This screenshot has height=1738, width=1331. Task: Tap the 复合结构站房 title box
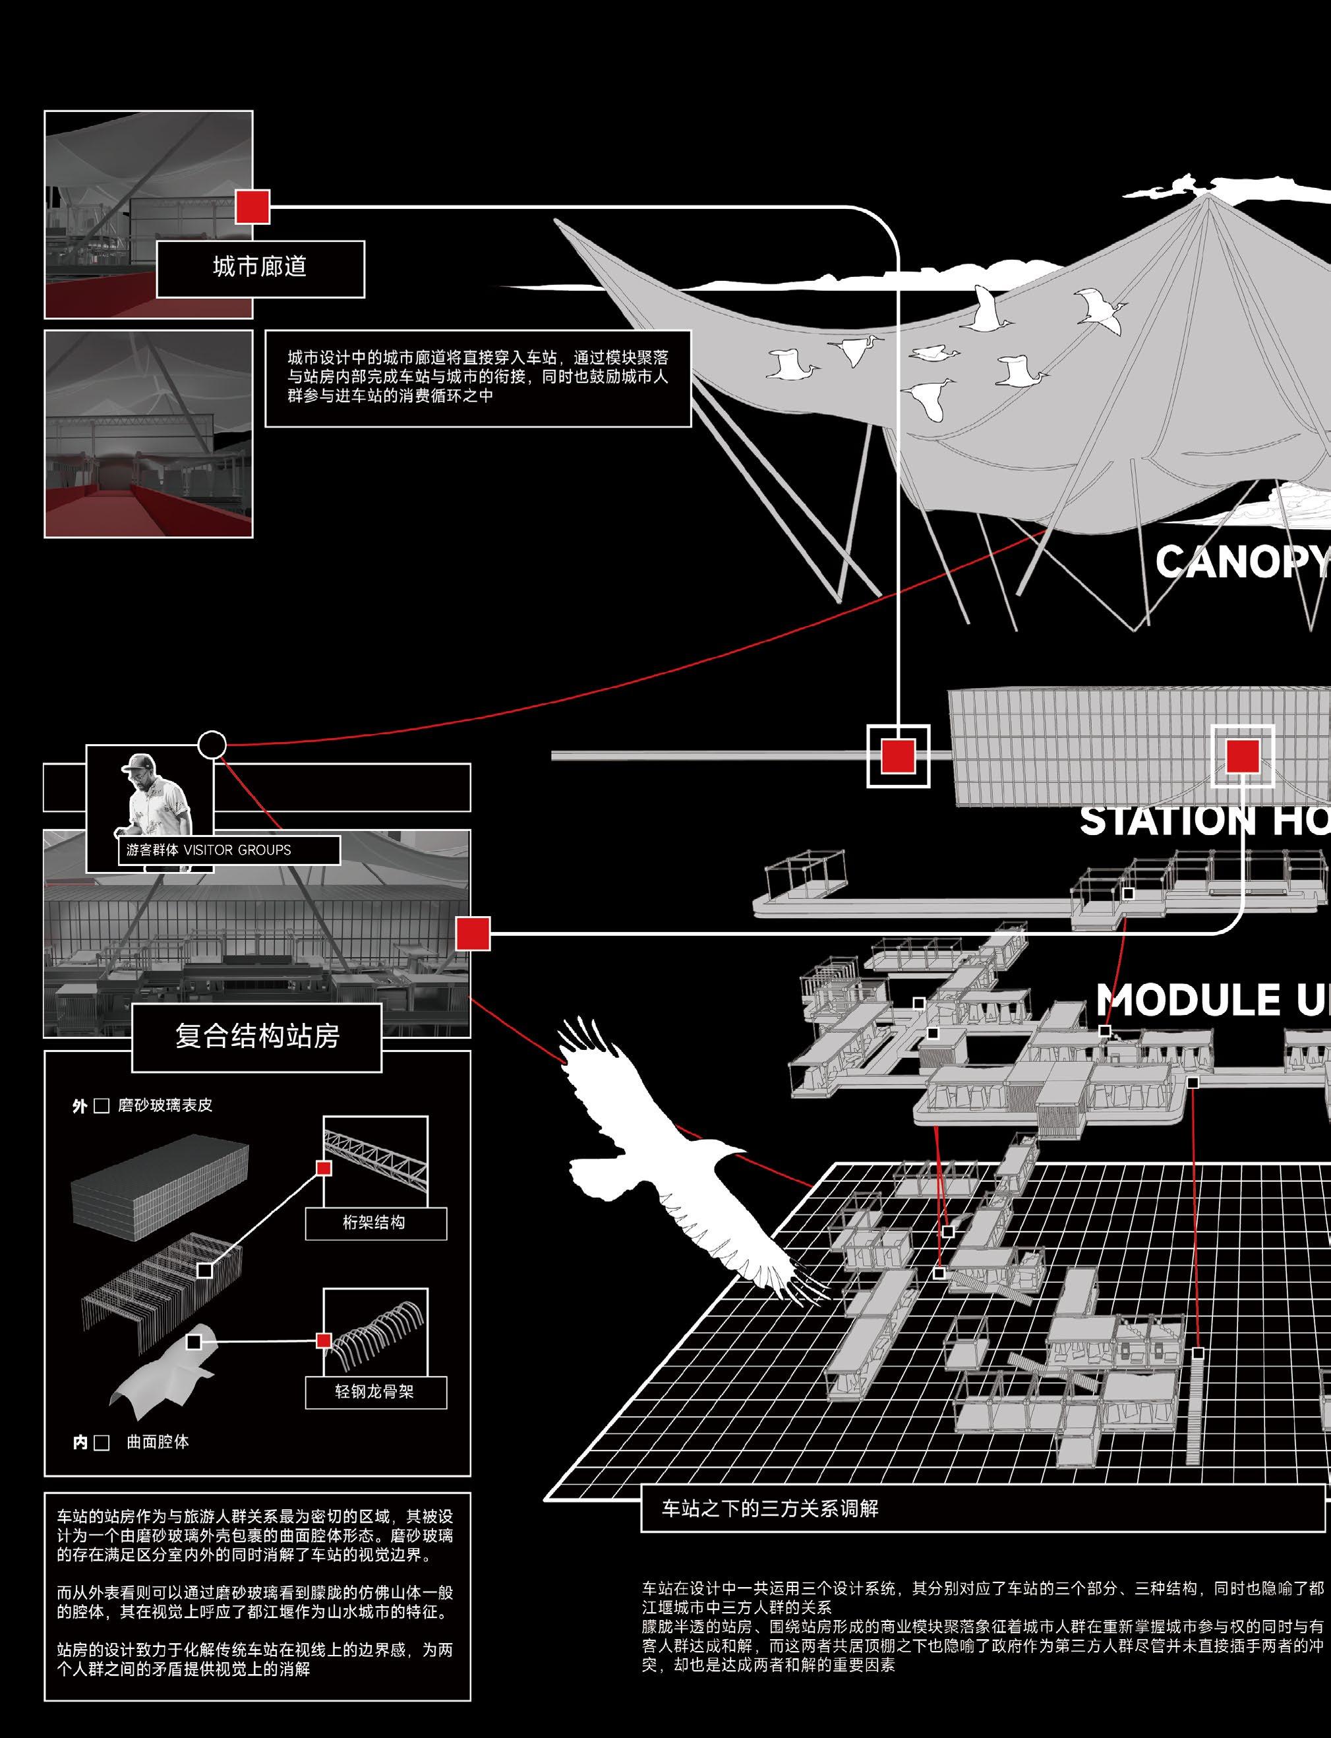pos(256,1036)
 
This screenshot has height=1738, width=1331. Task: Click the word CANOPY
pos(1241,562)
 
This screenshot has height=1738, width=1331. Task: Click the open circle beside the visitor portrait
pos(212,745)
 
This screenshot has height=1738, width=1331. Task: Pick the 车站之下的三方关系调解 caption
pos(770,1508)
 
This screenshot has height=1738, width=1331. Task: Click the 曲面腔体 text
pos(158,1441)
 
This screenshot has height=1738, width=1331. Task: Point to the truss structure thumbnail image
pos(376,1161)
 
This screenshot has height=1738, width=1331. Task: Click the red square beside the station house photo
pos(473,933)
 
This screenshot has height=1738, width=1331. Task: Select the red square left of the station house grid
pos(899,755)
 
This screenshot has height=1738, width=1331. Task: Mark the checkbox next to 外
pos(102,1106)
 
